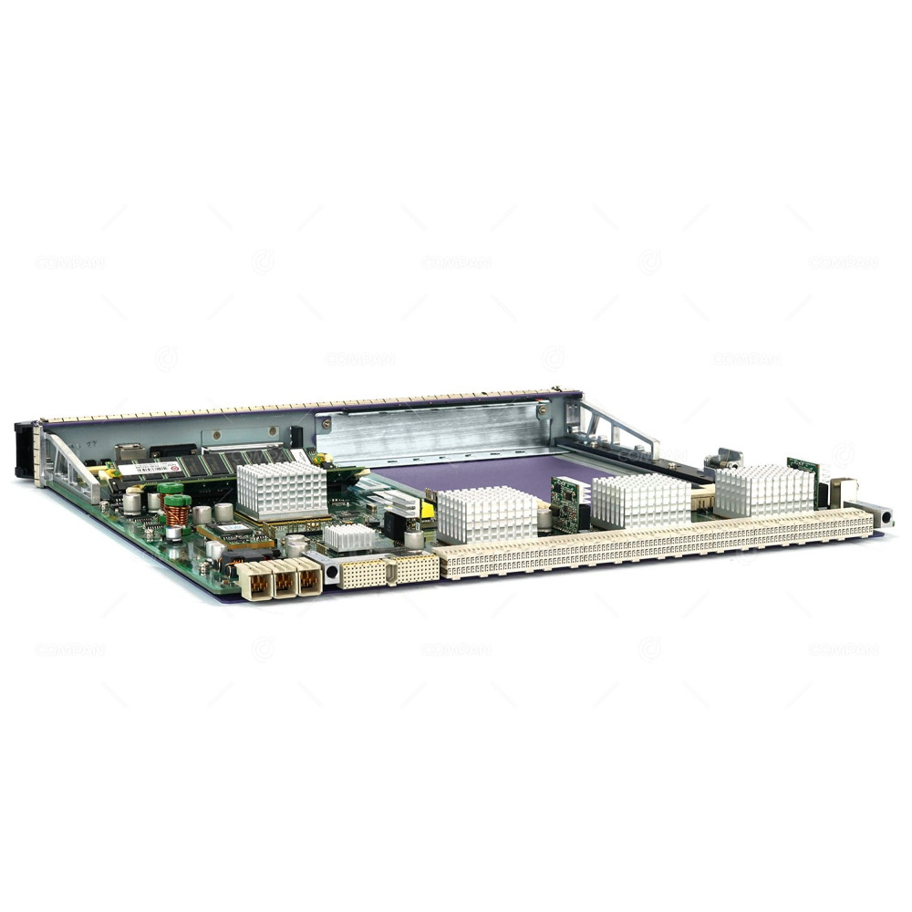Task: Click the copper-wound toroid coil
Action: coord(177,513)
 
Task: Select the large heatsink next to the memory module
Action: coord(282,491)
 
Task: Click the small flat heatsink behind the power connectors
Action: coord(349,537)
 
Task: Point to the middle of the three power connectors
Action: coord(285,580)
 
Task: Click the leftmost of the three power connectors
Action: coord(258,584)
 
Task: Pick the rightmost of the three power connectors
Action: coord(309,576)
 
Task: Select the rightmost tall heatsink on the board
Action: coord(764,491)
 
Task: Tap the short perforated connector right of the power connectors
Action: coord(389,571)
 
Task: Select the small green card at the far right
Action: coord(803,470)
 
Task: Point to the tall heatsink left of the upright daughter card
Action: coord(487,514)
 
